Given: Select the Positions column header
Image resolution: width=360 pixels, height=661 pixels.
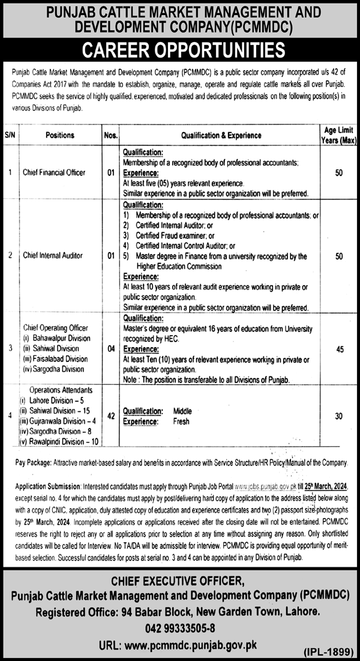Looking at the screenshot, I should click(x=59, y=136).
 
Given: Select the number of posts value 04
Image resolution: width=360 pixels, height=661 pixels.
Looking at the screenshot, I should click(x=110, y=349).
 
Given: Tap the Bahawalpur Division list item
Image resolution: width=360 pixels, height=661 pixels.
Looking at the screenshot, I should click(x=59, y=338).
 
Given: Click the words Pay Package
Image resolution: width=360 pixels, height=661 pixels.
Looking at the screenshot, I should click(x=32, y=464).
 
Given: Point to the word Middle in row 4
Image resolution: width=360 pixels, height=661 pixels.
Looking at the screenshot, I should click(x=183, y=411).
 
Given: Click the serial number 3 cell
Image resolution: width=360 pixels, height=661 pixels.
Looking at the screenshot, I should click(x=10, y=349).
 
